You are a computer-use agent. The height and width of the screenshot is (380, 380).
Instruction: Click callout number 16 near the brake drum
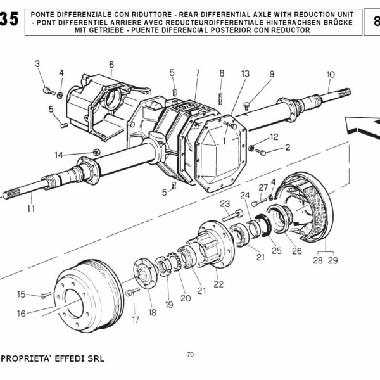click(21, 313)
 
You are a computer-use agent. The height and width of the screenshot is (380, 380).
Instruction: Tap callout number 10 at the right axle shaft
click(330, 75)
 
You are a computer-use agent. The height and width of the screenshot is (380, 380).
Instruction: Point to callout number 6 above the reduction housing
click(111, 65)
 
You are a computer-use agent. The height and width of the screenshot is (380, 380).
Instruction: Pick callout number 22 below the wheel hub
click(218, 284)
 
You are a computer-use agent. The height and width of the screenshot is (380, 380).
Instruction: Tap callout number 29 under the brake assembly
click(333, 260)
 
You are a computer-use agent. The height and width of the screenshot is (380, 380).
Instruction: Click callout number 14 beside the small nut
click(58, 155)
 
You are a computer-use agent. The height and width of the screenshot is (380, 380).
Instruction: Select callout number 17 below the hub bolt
click(135, 320)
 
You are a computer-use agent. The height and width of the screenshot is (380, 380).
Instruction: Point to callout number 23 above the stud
click(224, 203)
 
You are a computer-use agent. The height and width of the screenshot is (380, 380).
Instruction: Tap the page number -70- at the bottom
click(189, 354)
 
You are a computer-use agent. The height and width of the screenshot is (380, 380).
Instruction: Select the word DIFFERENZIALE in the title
click(89, 13)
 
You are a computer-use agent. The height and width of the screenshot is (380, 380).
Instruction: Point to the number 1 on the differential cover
click(224, 141)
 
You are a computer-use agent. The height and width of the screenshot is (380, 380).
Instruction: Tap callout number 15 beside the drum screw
click(22, 294)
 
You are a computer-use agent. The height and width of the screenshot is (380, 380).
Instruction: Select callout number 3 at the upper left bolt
click(37, 63)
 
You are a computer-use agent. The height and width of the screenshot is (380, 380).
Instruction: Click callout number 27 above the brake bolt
click(263, 187)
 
